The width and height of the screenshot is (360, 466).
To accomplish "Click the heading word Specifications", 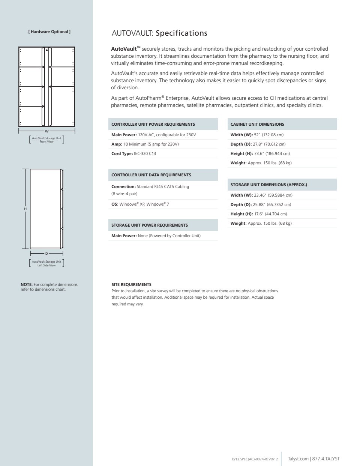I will (181, 33).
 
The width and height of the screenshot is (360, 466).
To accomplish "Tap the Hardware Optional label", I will (49, 32).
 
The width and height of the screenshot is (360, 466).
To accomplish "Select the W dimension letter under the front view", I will (46, 131).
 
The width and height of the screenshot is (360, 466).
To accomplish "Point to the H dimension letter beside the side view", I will (25, 209).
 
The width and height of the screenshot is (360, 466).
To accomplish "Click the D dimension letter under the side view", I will (46, 254).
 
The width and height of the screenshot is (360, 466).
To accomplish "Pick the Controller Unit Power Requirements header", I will (153, 124).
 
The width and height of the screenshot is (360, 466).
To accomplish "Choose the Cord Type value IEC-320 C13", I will (145, 153).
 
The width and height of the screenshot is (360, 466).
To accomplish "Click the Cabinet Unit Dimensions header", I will (257, 124).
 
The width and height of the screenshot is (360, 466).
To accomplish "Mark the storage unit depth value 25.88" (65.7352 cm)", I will (273, 204).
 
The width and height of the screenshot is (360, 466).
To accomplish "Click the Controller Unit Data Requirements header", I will (151, 175).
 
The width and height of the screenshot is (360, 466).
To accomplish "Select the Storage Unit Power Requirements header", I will (150, 225).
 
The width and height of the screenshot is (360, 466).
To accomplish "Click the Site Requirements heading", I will (131, 284).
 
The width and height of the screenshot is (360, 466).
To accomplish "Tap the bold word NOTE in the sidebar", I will (27, 284).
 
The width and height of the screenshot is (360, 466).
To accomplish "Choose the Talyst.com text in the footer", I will (298, 459).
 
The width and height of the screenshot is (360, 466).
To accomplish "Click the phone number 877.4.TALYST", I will (326, 459).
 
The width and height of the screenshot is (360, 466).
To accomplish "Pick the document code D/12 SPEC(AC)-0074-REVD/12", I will (255, 459).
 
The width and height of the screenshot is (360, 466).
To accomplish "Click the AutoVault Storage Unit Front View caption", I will (46, 140).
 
